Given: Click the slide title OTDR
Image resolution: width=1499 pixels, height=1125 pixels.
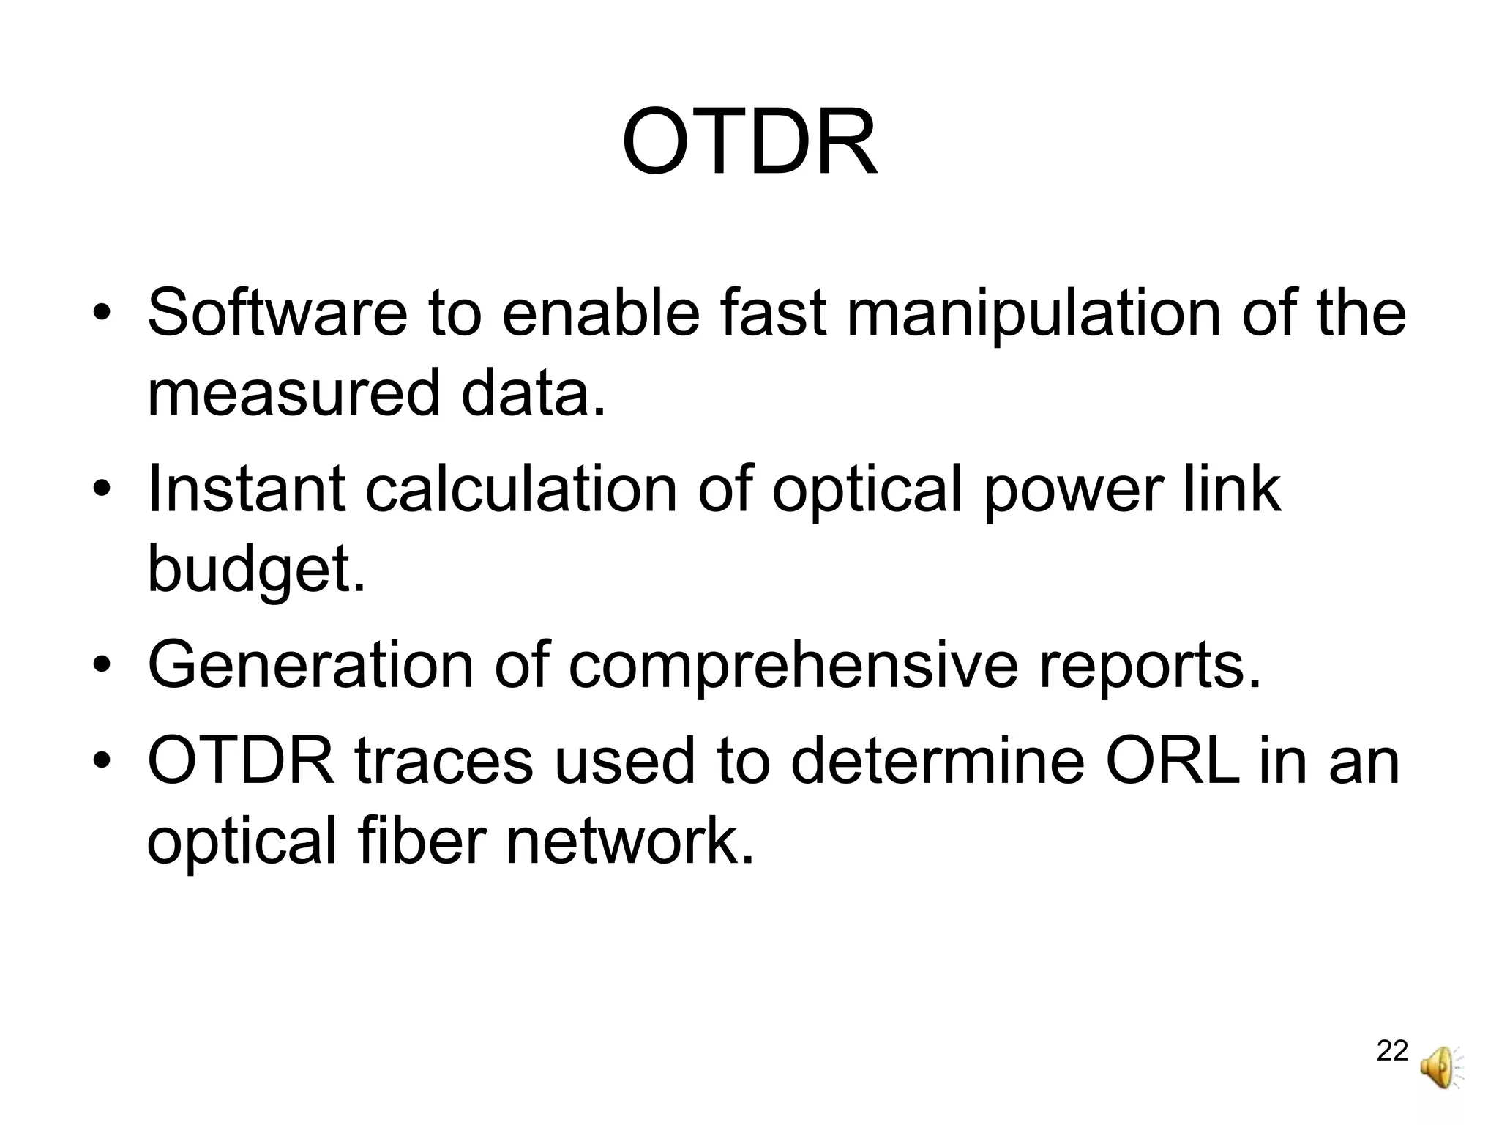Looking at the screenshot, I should click(x=749, y=143).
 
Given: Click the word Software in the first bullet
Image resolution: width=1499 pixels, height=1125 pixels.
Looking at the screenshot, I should click(x=277, y=313).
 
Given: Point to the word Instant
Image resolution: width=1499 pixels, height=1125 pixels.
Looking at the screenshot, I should click(x=246, y=489).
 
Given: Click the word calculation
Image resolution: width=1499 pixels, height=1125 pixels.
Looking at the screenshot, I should click(x=521, y=489).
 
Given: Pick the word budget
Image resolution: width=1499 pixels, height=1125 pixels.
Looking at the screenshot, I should click(x=255, y=570).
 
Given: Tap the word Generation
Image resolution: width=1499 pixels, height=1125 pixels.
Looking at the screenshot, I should click(x=310, y=665).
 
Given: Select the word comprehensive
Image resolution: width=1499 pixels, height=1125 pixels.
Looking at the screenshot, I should click(x=793, y=665).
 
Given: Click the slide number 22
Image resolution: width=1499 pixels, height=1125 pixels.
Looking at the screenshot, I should click(x=1392, y=1051).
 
